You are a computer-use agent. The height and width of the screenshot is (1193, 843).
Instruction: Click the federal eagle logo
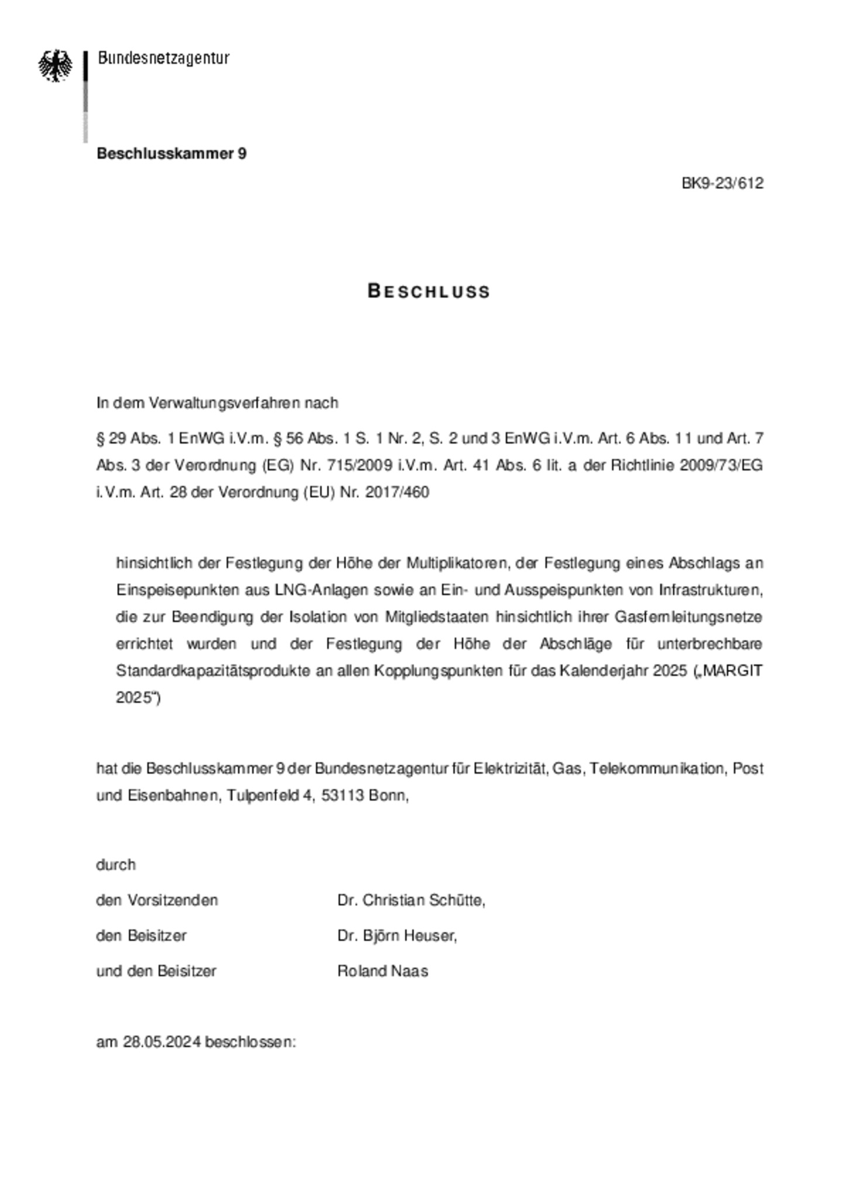tap(56, 65)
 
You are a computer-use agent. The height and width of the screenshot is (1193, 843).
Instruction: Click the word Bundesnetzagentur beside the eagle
tap(163, 58)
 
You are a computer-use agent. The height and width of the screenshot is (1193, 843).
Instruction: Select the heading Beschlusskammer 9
tap(172, 153)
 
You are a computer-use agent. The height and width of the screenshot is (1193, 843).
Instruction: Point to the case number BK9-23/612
tap(722, 183)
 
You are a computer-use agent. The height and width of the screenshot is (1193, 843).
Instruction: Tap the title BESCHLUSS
tap(429, 292)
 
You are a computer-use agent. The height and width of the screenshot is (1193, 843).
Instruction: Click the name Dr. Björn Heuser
tap(396, 935)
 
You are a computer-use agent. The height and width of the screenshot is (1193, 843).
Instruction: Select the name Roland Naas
tap(382, 971)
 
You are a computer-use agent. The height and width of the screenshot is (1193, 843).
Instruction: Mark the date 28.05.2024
tap(162, 1042)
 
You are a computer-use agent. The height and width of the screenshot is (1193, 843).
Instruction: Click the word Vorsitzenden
tap(173, 900)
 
